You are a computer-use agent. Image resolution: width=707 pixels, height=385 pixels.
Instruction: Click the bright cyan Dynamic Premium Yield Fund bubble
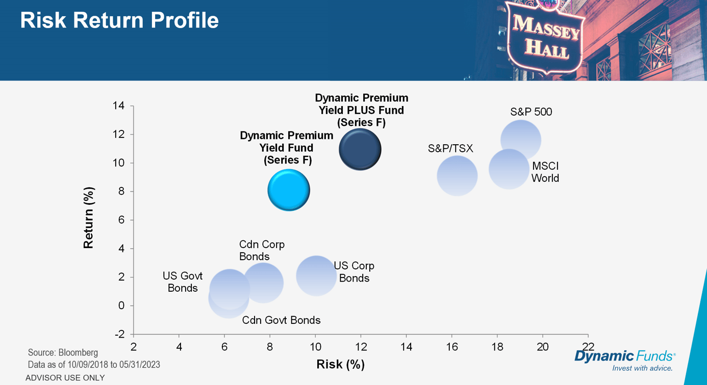pyautogui.click(x=289, y=190)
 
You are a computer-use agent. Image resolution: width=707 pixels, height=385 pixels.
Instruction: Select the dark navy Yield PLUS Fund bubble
pyautogui.click(x=360, y=149)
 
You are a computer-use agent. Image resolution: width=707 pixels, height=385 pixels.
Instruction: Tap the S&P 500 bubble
pyautogui.click(x=520, y=140)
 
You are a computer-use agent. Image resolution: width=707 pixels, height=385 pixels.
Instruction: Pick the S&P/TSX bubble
pyautogui.click(x=457, y=176)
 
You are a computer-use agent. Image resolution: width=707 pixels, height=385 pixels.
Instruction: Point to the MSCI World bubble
pyautogui.click(x=509, y=169)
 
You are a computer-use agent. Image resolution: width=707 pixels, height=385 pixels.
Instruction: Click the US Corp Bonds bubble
pyautogui.click(x=316, y=276)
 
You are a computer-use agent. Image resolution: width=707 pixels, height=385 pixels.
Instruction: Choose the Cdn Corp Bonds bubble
pyautogui.click(x=263, y=283)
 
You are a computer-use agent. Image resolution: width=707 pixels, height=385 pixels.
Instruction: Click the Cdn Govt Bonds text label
pyautogui.click(x=281, y=320)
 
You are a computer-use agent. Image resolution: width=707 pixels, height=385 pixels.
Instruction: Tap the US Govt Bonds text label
pyautogui.click(x=183, y=282)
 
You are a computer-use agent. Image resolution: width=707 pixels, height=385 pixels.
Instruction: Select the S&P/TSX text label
pyautogui.click(x=450, y=149)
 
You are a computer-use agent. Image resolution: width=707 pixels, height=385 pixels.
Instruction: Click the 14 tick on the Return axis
pyautogui.click(x=118, y=106)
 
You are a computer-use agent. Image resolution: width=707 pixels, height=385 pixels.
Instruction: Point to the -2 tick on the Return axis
pyautogui.click(x=118, y=334)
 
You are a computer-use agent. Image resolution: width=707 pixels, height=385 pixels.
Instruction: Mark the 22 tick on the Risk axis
pyautogui.click(x=588, y=347)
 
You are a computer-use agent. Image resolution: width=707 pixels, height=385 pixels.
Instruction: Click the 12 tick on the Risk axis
pyautogui.click(x=361, y=347)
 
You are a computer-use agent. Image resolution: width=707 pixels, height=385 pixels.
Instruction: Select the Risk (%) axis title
pyautogui.click(x=340, y=364)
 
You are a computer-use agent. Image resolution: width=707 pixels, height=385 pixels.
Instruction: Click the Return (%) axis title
pyautogui.click(x=89, y=217)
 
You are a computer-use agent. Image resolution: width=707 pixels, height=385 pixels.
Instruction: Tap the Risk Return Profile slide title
pyautogui.click(x=119, y=20)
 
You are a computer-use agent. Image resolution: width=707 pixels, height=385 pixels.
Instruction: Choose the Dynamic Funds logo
pyautogui.click(x=625, y=359)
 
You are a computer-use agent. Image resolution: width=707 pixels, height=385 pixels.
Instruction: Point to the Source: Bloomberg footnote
pyautogui.click(x=63, y=352)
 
